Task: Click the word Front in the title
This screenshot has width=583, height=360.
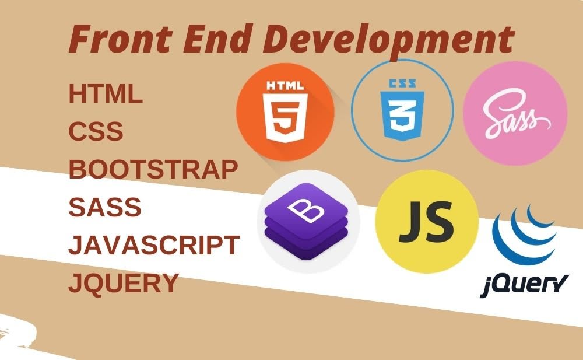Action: click(121, 39)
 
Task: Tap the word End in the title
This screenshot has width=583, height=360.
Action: click(216, 38)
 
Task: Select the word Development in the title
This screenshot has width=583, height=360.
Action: click(388, 41)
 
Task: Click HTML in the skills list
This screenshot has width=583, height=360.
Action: click(106, 93)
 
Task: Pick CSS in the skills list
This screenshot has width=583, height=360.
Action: click(96, 131)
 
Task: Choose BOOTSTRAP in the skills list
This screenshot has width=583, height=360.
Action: click(153, 169)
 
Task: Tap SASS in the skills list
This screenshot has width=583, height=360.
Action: click(105, 207)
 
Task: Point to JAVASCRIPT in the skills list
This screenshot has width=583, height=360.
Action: click(154, 245)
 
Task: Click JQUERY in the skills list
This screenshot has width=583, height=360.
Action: click(124, 284)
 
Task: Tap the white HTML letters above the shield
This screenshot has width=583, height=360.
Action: click(285, 86)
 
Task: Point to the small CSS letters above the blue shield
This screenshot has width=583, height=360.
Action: click(402, 83)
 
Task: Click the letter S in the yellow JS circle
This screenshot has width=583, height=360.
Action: click(441, 222)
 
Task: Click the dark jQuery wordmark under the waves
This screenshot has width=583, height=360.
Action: click(524, 285)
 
